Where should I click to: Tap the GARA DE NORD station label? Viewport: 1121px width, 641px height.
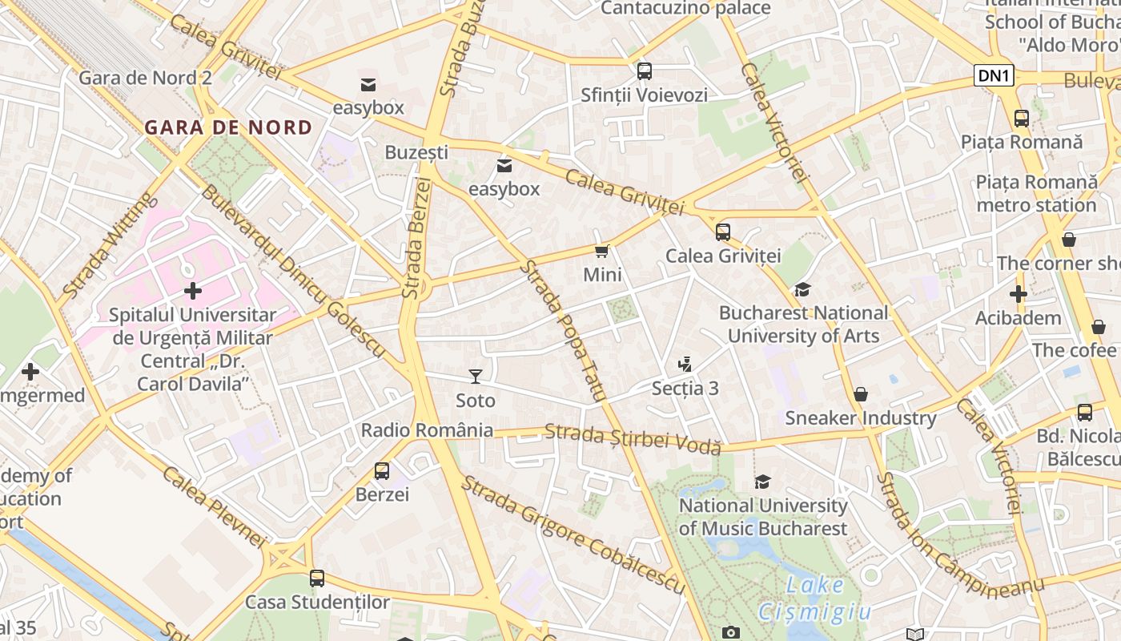[x=228, y=127]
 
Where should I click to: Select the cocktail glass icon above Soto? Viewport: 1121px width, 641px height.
[x=476, y=376]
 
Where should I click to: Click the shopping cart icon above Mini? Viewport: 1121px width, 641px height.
[x=602, y=251]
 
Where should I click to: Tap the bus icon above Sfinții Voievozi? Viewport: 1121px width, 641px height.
[x=645, y=71]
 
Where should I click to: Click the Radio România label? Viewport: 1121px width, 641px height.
[x=427, y=430]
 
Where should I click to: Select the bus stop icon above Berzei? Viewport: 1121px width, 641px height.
[x=382, y=470]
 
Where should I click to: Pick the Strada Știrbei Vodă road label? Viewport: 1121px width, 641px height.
[x=633, y=440]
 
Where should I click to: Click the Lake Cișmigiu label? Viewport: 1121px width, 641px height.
[x=815, y=599]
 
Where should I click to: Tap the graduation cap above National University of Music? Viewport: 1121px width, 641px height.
[x=762, y=482]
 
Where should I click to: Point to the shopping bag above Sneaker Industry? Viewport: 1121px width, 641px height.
[x=861, y=394]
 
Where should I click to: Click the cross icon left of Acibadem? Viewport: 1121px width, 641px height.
[x=1018, y=294]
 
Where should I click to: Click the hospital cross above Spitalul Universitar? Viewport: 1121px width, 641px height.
[x=193, y=291]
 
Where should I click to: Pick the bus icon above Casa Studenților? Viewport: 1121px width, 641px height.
[x=317, y=578]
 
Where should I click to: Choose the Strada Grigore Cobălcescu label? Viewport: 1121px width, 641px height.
[x=573, y=535]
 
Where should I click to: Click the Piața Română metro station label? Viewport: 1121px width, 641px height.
[x=1036, y=193]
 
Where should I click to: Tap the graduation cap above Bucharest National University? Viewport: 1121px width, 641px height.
[x=802, y=289]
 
